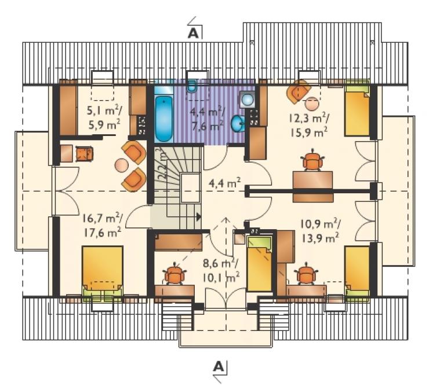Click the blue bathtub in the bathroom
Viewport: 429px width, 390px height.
164,118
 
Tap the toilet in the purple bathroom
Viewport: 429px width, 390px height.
192,86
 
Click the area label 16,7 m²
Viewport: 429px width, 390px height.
103,219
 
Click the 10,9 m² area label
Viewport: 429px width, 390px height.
320,224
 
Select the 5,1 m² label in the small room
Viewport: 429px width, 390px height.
104,111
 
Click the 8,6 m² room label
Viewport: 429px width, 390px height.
220,263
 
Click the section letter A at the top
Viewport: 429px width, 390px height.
193,33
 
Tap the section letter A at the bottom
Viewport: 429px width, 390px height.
219,367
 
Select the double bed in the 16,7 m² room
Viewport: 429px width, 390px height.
103,273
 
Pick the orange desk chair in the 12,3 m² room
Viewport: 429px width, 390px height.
312,161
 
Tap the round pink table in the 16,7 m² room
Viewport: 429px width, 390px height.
122,165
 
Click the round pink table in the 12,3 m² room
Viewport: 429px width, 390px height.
312,104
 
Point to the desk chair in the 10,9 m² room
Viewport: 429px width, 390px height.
306,274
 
